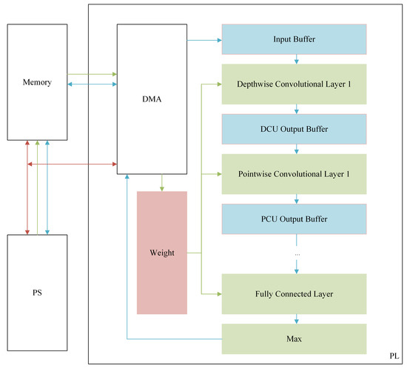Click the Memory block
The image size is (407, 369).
point(37,82)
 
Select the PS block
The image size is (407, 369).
point(37,293)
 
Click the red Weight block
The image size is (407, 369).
point(162,253)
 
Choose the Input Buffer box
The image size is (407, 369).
point(295,39)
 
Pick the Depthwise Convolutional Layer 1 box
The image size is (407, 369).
point(295,83)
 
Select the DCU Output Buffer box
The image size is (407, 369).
point(295,129)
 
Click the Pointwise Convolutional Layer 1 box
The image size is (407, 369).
point(295,174)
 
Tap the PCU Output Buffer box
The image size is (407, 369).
point(295,219)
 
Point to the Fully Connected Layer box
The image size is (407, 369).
point(295,293)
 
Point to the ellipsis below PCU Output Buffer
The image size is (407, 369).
point(297,253)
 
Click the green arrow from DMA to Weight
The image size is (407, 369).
point(162,183)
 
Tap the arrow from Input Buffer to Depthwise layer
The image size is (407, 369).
point(296,59)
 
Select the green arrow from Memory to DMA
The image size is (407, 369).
point(92,74)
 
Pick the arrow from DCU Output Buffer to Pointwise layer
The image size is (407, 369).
point(296,149)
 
